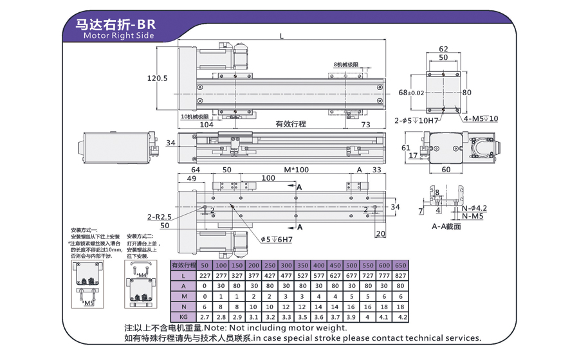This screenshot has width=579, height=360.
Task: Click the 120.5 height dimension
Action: tap(157, 78)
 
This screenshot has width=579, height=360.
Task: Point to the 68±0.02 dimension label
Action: tap(411, 93)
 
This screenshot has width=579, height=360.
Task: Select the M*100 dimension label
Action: tap(297, 170)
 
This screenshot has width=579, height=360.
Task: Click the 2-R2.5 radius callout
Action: tap(160, 216)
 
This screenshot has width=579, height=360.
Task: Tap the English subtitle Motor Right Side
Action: tap(119, 36)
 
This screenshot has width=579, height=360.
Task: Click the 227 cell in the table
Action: tap(204, 276)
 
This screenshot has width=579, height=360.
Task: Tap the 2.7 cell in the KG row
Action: tap(204, 317)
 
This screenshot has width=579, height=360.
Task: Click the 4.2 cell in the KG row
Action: tap(403, 317)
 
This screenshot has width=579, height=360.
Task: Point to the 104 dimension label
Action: tap(207, 124)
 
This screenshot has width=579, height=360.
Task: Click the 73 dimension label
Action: tap(365, 124)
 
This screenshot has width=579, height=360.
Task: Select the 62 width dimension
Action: tap(443, 49)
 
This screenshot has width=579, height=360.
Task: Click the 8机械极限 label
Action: tap(345, 66)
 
